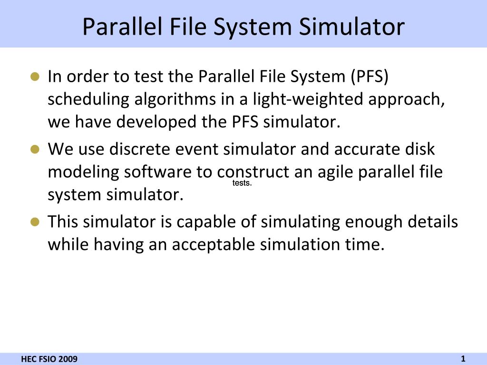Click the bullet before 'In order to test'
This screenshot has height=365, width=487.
(x=34, y=77)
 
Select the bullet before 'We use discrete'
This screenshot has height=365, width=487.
(x=34, y=149)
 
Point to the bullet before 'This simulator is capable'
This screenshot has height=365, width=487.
(x=34, y=222)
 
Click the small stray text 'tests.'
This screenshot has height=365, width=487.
(x=242, y=183)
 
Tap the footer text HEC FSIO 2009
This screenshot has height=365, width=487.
(x=49, y=359)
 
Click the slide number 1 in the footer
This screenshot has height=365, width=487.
(x=463, y=359)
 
